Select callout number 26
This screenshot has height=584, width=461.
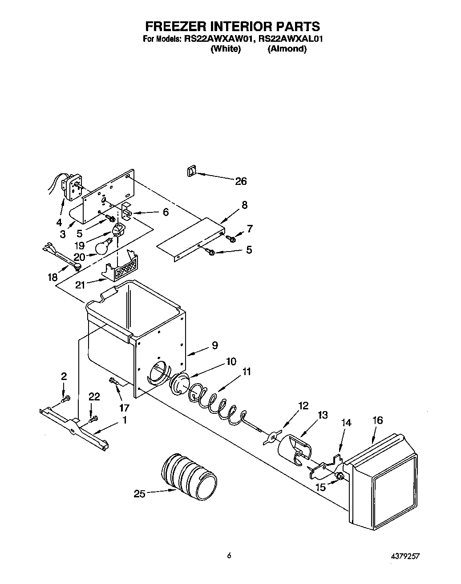(x=240, y=181)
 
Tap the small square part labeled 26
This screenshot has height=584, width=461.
(x=191, y=171)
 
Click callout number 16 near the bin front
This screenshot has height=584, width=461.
(x=377, y=420)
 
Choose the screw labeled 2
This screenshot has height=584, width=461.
(x=65, y=400)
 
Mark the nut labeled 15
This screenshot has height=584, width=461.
(x=340, y=477)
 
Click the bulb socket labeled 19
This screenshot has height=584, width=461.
(x=118, y=231)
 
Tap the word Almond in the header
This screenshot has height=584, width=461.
(x=287, y=49)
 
